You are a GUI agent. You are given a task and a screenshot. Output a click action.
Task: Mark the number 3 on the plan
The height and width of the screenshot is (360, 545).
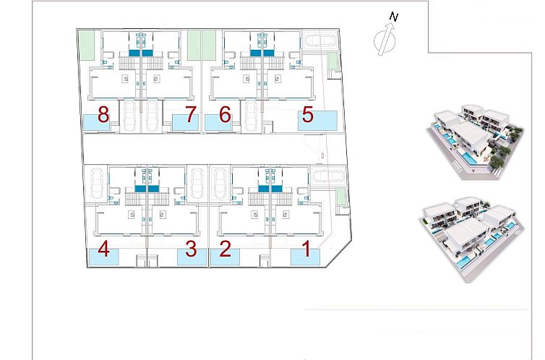coord(191,249)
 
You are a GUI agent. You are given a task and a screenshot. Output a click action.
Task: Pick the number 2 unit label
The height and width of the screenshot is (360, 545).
coord(225,249)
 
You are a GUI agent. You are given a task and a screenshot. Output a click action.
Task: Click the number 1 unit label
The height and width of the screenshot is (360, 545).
coord(306,249)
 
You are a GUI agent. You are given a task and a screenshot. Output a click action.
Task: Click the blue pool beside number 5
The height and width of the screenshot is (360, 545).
coord(319,121)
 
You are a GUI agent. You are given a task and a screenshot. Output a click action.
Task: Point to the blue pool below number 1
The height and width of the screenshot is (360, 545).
coord(305,257)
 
